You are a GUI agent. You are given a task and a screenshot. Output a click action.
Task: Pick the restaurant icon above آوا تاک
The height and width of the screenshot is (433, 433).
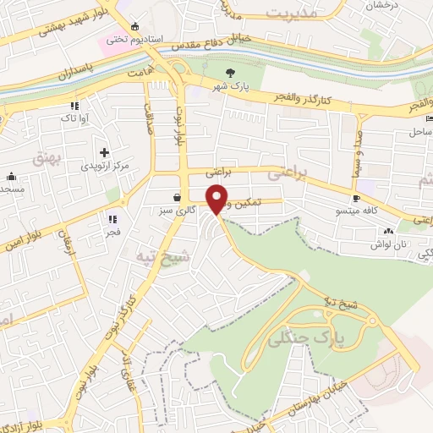(x=76, y=106)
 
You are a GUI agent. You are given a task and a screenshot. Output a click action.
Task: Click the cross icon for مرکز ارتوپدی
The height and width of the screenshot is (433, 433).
(x=103, y=152)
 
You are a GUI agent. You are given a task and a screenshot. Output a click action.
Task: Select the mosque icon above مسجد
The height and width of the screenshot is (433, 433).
(x=12, y=176)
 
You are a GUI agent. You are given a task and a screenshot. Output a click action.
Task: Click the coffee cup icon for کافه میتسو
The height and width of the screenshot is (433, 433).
(x=356, y=198)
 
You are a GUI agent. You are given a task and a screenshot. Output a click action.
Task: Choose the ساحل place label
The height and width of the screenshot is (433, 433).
(x=420, y=133)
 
